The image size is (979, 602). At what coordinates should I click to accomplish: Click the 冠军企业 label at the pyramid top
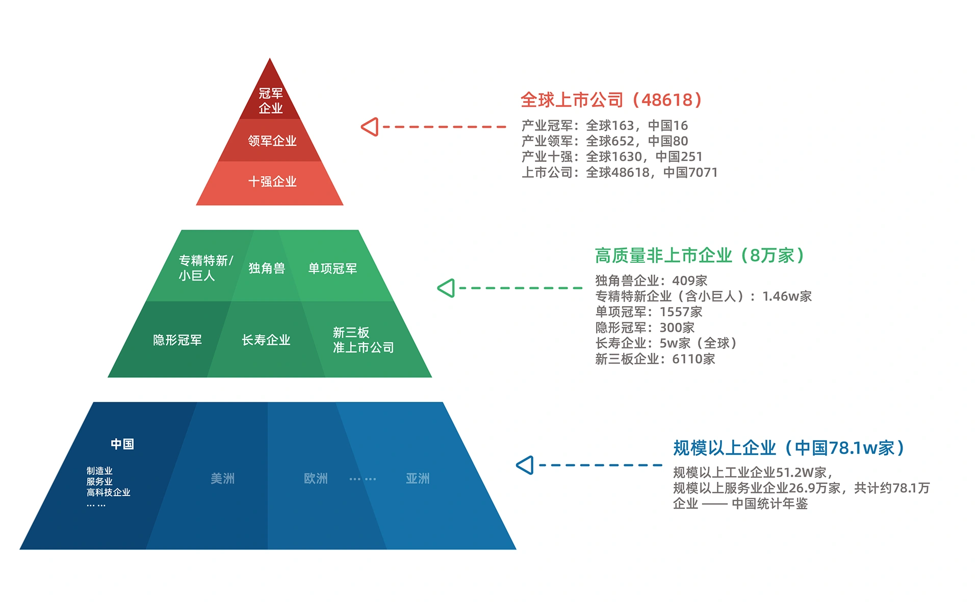point(270,101)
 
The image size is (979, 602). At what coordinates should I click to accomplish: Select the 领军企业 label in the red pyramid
point(272,141)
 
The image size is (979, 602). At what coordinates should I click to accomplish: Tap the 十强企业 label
point(272,181)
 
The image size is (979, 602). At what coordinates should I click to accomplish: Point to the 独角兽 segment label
point(266,268)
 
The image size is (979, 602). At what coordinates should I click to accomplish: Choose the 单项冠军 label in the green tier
point(332,268)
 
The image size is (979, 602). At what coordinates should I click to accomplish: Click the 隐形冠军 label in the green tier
point(177,340)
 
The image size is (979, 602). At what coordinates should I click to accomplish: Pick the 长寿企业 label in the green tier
point(266,340)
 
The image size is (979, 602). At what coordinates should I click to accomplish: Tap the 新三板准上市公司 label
point(363,340)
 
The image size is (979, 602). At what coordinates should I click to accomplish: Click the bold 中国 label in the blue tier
point(122,444)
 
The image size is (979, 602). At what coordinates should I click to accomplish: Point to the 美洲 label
point(222,478)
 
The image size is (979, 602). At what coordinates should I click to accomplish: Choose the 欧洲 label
point(316,478)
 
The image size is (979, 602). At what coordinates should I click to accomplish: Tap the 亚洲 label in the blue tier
point(418,478)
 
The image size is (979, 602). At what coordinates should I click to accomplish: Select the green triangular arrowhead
point(447,288)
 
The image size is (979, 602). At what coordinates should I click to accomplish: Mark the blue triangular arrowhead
point(525,465)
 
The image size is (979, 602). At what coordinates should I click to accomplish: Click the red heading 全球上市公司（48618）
point(611,100)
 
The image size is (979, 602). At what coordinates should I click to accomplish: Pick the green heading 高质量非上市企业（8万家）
point(700,255)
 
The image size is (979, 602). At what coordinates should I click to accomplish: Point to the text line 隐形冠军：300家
point(645,327)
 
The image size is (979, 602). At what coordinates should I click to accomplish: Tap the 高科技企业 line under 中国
point(108,492)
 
